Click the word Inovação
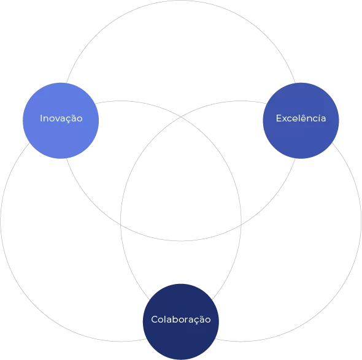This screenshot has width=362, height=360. (61, 118)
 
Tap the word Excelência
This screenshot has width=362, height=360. (301, 118)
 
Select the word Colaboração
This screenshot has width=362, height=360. (181, 320)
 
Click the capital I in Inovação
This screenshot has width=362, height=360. (41, 118)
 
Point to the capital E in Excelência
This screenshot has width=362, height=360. (279, 118)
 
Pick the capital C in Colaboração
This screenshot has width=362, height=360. (155, 320)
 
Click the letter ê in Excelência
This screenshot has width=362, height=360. (306, 118)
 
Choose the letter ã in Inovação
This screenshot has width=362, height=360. (73, 118)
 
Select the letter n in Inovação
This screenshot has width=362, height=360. (46, 119)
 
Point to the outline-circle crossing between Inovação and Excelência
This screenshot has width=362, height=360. (181, 117)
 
